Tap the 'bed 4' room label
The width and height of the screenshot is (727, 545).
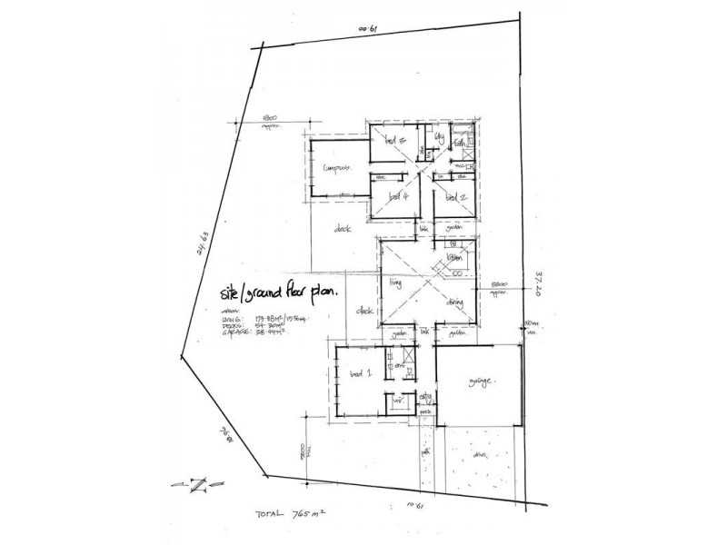[398, 196]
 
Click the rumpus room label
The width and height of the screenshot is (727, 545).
[338, 168]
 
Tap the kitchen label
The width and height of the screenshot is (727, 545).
[454, 259]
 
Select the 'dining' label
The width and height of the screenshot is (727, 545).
[457, 302]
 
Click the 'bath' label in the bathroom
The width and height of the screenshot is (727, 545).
[461, 143]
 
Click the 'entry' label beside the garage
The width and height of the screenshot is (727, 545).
[425, 397]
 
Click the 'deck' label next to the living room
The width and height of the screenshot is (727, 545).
[366, 311]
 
